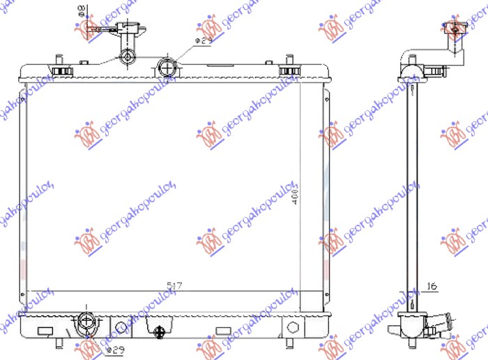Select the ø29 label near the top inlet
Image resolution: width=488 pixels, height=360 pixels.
(x=203, y=42)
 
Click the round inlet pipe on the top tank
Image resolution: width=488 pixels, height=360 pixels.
(x=167, y=68)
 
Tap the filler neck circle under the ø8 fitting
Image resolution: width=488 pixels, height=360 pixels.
(x=128, y=56)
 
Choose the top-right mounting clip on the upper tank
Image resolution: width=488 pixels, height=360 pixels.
(x=289, y=71)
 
